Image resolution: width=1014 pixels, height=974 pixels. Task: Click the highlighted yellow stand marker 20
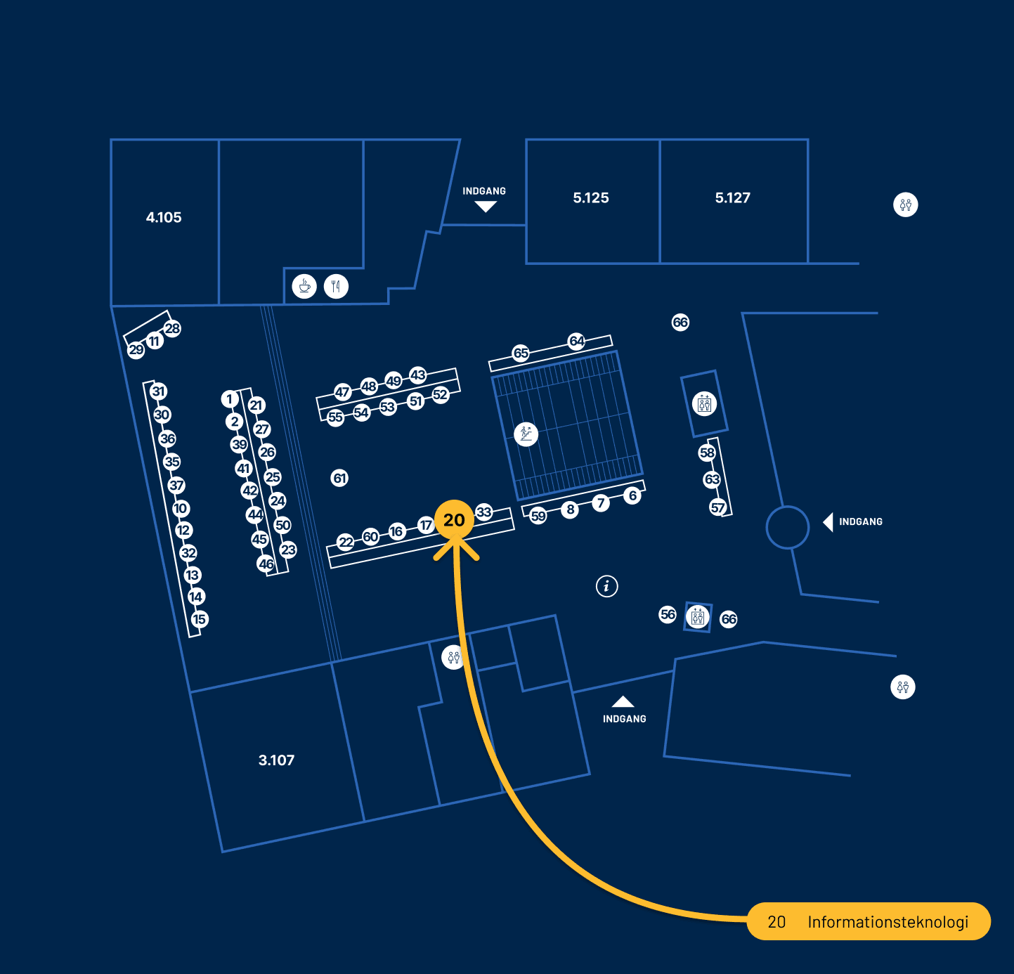pos(454,520)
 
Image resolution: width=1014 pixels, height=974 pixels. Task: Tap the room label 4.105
pos(164,218)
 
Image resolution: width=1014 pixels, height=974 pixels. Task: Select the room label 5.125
pos(591,198)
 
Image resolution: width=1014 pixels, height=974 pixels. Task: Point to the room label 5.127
pos(733,198)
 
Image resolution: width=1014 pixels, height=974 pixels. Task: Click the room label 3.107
pos(276,760)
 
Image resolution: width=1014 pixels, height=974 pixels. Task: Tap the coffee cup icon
pos(304,286)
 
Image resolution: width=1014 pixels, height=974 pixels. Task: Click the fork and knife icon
pos(337,286)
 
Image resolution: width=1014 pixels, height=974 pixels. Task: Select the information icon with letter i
pos(607,585)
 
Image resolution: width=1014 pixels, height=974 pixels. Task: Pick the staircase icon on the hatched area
pos(526,434)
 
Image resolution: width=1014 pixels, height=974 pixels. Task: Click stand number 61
pos(340,479)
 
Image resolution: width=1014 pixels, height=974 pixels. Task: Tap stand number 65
pos(521,353)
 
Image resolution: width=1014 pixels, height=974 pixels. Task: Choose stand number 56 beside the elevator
pos(668,615)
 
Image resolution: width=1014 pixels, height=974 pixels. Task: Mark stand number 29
pos(136,350)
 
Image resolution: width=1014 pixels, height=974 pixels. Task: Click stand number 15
pos(200,620)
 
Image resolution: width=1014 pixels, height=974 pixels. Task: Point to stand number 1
pos(229,399)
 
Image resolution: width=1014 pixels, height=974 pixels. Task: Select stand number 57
pos(717,507)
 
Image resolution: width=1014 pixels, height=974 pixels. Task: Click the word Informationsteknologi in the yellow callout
pos(888,922)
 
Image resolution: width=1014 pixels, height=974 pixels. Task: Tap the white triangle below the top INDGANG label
pos(486,207)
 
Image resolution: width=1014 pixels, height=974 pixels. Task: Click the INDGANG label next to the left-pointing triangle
pos(861,522)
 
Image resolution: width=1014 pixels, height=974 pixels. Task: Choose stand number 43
pos(418,375)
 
